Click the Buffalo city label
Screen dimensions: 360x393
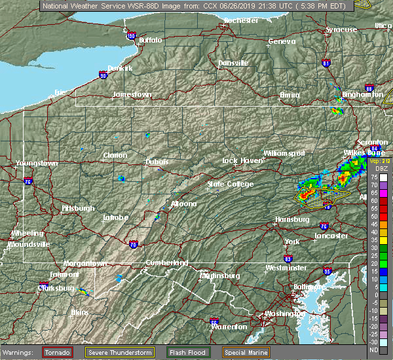tap(150, 41)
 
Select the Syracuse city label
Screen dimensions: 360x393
tap(342, 29)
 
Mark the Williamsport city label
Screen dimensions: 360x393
tap(284, 153)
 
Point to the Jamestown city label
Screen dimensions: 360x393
tap(132, 94)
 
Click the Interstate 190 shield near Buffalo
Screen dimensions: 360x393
tap(131, 36)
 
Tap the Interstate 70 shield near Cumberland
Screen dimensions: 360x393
tap(134, 244)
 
